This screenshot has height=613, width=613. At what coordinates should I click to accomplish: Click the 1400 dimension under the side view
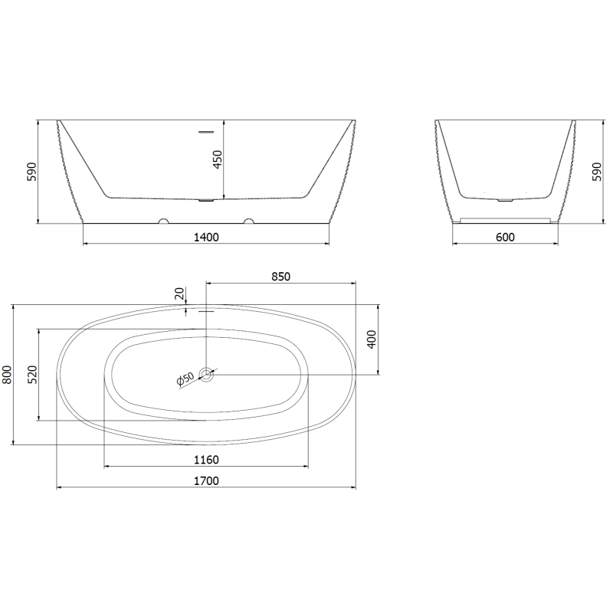point(206,237)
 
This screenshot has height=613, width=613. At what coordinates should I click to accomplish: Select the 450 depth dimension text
point(217,160)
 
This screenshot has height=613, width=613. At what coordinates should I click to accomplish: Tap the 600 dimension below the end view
point(505,237)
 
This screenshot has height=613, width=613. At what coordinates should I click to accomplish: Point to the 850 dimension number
point(280,277)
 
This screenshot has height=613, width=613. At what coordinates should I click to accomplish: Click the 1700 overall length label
point(206,480)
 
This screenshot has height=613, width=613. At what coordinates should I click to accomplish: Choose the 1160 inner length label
point(206,460)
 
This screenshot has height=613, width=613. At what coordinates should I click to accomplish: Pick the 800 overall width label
point(8,374)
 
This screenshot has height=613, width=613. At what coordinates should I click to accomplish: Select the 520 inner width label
point(32,375)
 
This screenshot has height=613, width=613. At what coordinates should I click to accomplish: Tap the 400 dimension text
point(372,339)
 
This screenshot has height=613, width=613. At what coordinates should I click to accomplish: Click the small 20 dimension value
point(179,293)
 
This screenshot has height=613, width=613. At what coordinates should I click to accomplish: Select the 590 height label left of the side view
point(31,171)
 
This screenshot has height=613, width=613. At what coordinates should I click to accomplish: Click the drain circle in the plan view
point(206,374)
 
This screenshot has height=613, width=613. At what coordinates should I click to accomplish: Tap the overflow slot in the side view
point(206,132)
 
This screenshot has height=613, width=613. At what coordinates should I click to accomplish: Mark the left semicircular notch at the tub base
point(163,222)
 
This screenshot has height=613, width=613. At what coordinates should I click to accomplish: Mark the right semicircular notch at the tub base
point(248,222)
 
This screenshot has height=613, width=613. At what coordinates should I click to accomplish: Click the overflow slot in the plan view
point(206,311)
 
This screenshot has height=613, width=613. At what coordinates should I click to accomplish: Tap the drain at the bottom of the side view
point(206,202)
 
